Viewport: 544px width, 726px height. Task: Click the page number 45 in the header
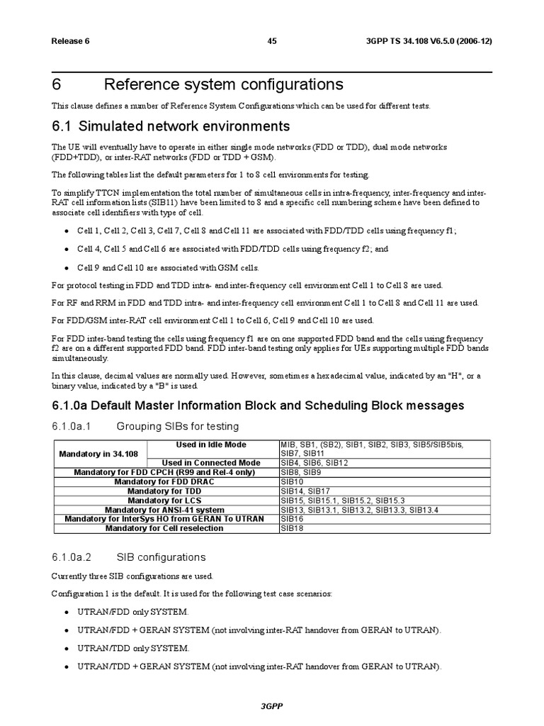(x=272, y=41)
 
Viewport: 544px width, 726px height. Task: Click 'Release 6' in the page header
(x=70, y=41)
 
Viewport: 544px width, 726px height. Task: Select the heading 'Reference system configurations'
(x=223, y=85)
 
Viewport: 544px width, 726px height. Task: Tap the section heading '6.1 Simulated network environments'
(x=171, y=127)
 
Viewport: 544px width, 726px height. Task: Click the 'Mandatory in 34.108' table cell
(x=99, y=453)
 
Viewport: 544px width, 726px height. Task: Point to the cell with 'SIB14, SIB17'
(x=305, y=491)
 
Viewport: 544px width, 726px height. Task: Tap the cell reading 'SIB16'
(x=292, y=519)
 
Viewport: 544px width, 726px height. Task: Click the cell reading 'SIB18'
(x=292, y=528)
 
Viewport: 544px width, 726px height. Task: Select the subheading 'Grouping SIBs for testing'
(x=178, y=426)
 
